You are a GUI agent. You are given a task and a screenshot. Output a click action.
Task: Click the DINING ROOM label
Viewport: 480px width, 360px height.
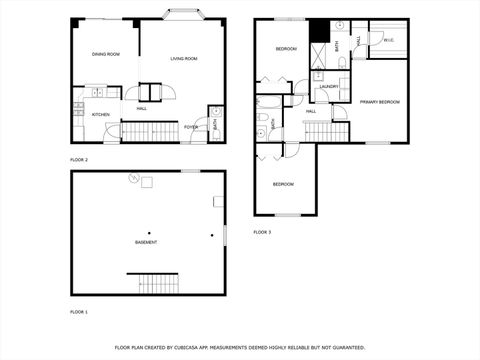coord(106,54)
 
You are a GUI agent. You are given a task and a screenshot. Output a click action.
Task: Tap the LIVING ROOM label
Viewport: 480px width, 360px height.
coord(183,59)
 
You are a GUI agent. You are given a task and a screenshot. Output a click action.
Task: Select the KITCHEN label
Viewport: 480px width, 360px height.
coord(101,114)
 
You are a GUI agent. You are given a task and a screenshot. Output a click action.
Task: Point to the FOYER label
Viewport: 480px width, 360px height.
coord(190,127)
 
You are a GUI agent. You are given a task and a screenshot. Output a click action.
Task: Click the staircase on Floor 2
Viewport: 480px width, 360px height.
coord(149,131)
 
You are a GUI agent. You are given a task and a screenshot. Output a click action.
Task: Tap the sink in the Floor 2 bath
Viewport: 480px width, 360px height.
coord(217,112)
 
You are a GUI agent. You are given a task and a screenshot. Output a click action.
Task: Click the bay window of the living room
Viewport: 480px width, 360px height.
coord(183,16)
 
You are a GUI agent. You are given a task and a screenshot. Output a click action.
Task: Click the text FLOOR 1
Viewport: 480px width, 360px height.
coord(79,313)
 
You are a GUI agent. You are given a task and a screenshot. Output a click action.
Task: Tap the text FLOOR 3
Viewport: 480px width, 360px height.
coord(262,232)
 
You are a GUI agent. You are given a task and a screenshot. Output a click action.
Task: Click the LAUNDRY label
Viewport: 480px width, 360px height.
coord(329,87)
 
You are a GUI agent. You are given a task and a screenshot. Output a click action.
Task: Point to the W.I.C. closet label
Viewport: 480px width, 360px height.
coord(388,40)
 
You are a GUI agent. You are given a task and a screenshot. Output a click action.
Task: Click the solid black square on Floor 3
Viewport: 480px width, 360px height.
coord(318,32)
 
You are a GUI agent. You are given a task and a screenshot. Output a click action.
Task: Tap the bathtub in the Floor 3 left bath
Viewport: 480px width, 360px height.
coord(270,103)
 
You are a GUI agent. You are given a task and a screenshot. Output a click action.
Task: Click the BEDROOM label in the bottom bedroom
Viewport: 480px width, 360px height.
coord(284,184)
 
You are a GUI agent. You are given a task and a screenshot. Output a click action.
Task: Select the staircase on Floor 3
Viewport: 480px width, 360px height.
coord(325,130)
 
